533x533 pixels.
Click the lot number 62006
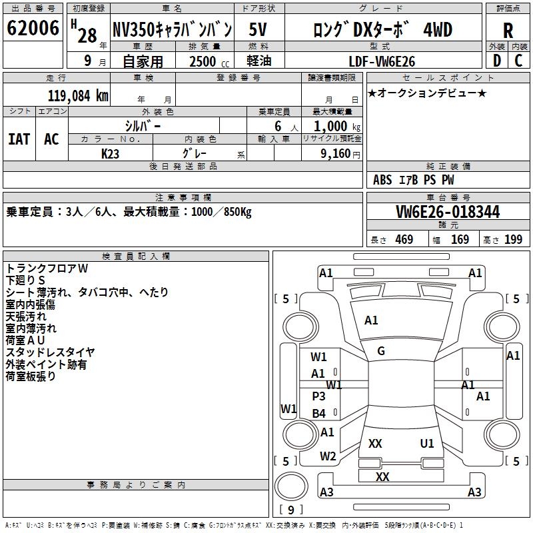point(32,29)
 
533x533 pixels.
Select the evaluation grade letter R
point(508,30)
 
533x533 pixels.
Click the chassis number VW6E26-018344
point(447,212)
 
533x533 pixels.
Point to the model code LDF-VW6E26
point(382,61)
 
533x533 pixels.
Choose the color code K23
point(111,153)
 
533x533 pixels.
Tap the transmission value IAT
point(19,139)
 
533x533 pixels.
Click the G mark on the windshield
point(381,351)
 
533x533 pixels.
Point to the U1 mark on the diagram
point(427,443)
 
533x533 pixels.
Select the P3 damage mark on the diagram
point(319,396)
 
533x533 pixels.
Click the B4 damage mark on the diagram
point(319,413)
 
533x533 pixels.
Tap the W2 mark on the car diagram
point(327,456)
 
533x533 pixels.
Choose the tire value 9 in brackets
point(290,510)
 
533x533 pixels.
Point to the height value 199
point(513,239)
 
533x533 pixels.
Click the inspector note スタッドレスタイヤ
point(50,352)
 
